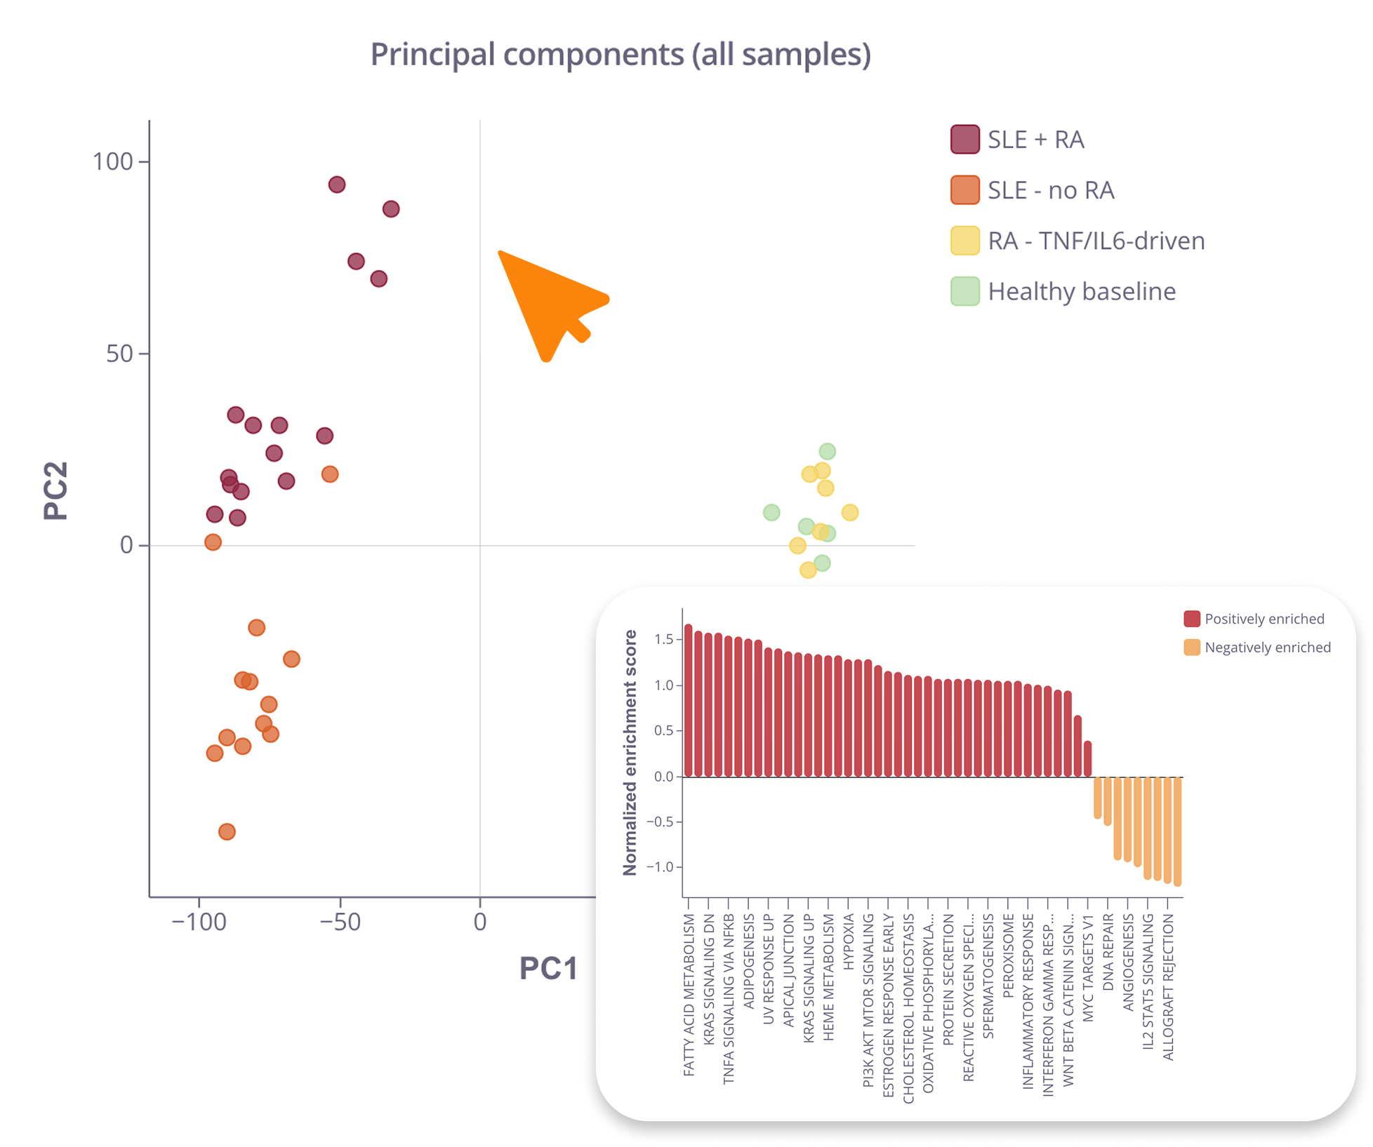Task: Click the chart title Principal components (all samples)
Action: tap(621, 55)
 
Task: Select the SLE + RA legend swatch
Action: tap(965, 140)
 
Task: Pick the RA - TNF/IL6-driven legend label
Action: tap(1096, 241)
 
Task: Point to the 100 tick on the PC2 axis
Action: tap(113, 162)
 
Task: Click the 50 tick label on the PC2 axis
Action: tap(119, 354)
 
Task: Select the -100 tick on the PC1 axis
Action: tap(199, 921)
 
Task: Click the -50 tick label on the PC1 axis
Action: tap(340, 921)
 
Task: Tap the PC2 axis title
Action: tap(56, 491)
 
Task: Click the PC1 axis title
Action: tap(548, 968)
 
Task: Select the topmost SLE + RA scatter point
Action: tap(337, 185)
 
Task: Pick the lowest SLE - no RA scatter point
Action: tap(227, 832)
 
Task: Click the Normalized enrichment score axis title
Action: tap(630, 752)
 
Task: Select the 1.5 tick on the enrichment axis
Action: tap(663, 639)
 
